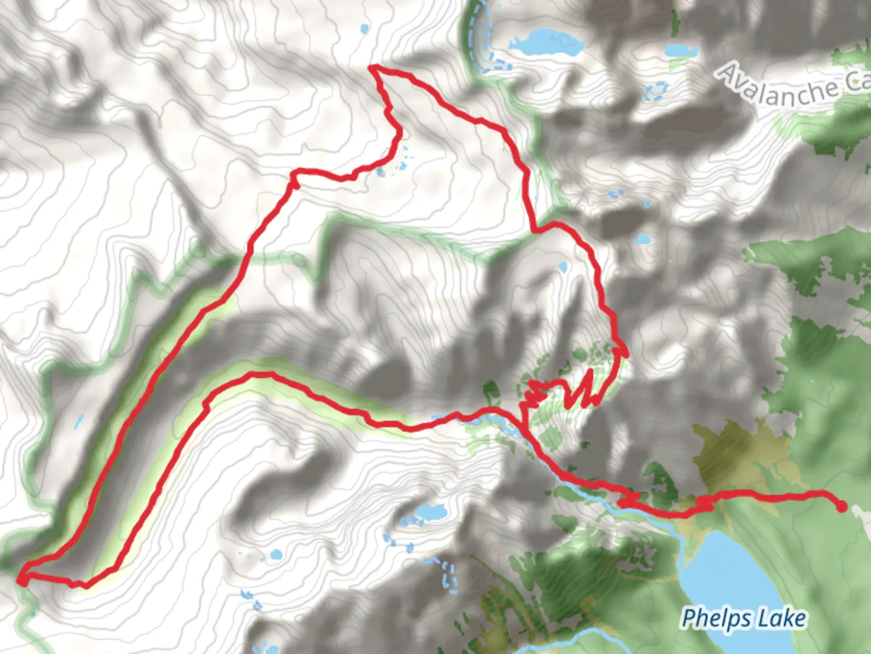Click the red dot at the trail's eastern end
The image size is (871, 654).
tap(841, 507)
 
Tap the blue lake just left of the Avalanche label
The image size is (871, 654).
tap(680, 50)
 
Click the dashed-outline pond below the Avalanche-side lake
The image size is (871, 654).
tap(655, 91)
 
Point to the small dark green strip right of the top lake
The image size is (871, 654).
tap(675, 21)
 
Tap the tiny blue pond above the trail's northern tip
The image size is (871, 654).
tap(364, 28)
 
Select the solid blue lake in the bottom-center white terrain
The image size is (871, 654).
tap(428, 512)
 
